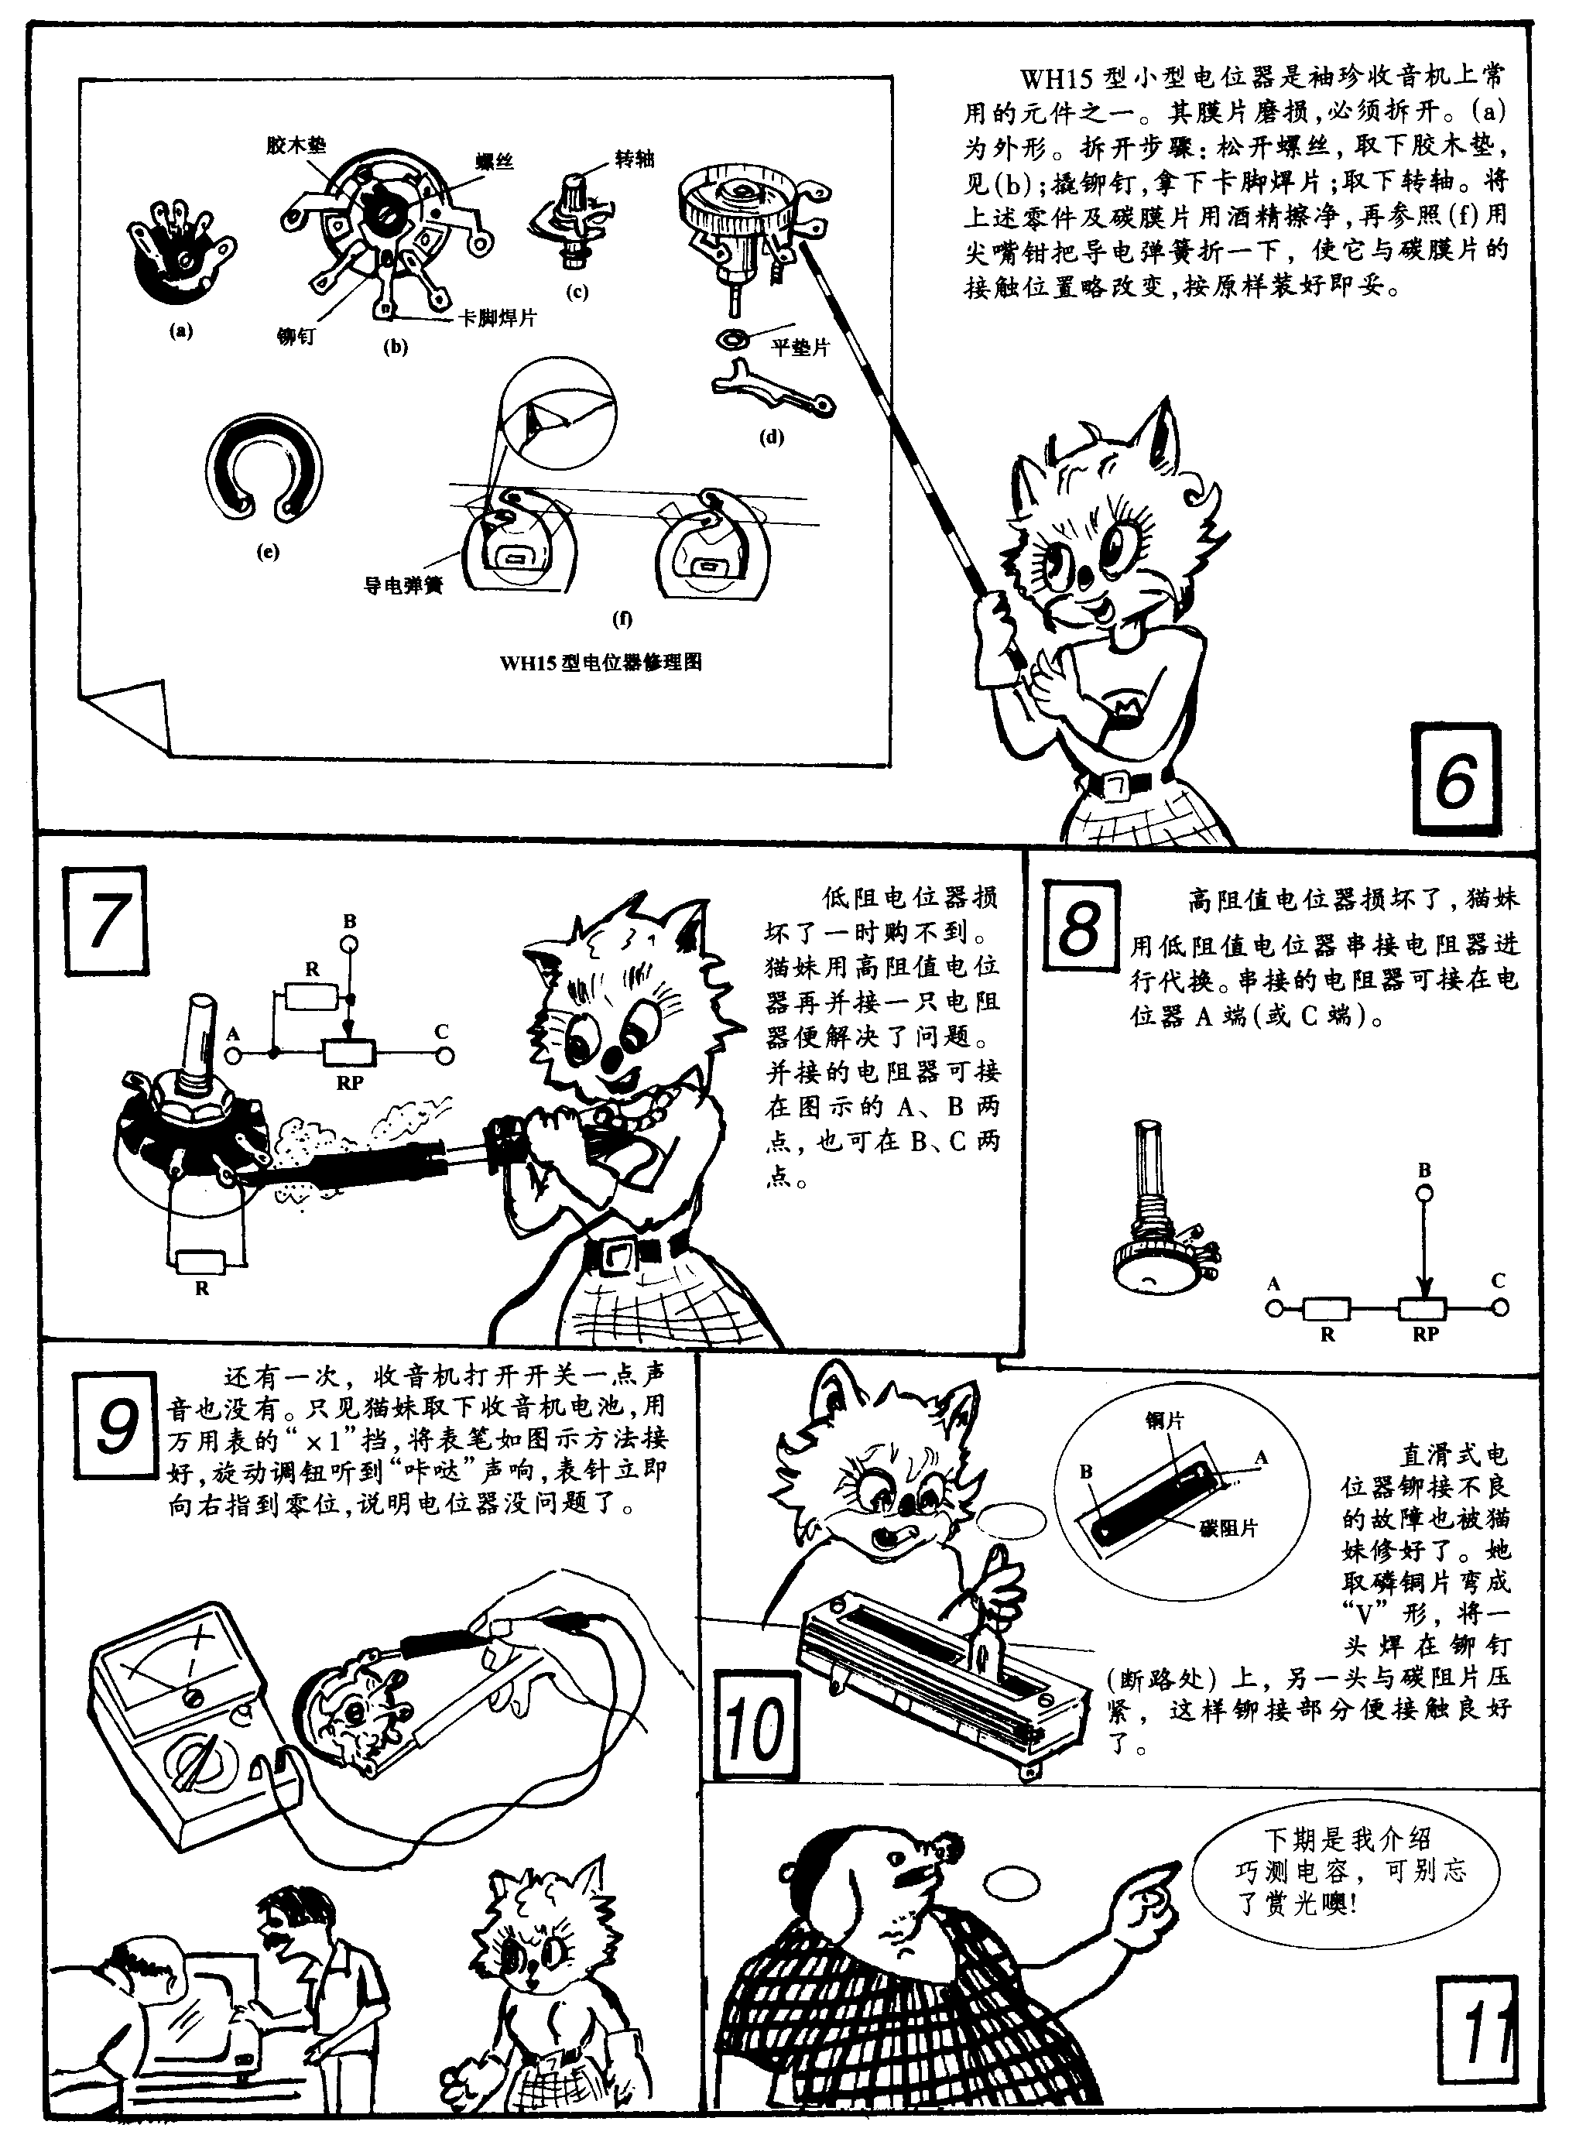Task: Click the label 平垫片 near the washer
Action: (x=799, y=348)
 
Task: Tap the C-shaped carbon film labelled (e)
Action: (x=265, y=468)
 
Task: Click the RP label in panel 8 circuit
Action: (x=1424, y=1334)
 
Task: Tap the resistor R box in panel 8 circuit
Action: (x=1326, y=1309)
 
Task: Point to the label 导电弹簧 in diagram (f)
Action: (x=403, y=586)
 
